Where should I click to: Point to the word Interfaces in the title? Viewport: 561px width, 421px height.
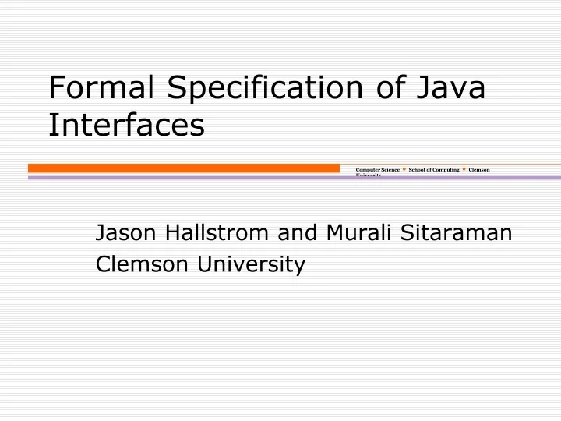(x=126, y=125)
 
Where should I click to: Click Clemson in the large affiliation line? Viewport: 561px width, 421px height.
(x=143, y=265)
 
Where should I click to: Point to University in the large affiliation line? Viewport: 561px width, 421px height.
(x=251, y=265)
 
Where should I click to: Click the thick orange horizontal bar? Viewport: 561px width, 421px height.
(x=184, y=168)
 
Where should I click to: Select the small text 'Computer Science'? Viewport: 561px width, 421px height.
(x=377, y=169)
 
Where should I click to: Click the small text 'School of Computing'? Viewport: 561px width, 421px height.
(x=434, y=169)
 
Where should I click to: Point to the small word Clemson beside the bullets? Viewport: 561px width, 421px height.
(x=479, y=169)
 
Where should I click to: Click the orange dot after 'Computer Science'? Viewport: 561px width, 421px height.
(x=404, y=169)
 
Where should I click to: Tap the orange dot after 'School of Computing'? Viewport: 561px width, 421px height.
(x=464, y=169)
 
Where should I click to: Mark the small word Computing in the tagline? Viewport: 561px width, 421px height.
(x=446, y=169)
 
